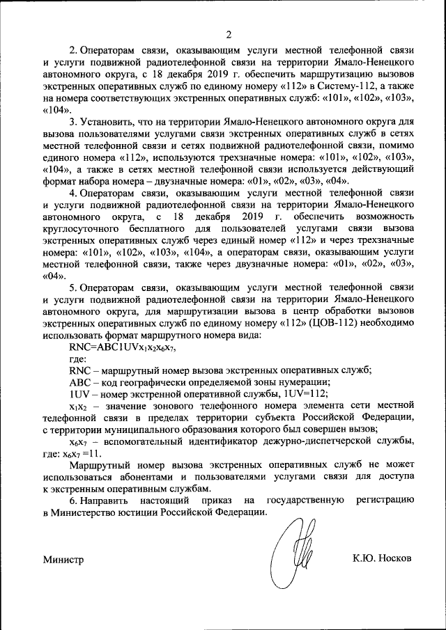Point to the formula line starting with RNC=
tap(121, 347)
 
